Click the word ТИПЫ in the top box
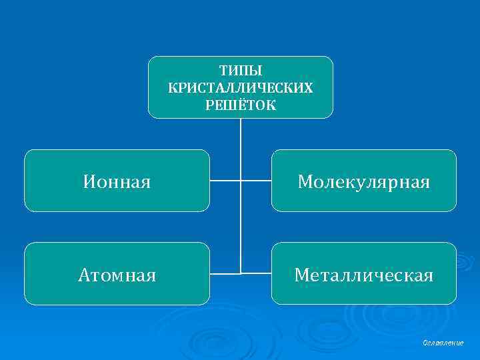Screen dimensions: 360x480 point(240,70)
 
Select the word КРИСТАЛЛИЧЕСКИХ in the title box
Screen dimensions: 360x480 point(240,87)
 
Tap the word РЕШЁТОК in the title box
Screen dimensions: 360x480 point(240,105)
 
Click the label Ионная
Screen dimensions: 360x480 point(117,181)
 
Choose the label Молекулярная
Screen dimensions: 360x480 point(363,181)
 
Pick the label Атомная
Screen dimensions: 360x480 point(117,274)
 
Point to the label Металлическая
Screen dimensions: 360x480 point(363,274)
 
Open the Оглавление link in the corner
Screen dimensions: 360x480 point(443,342)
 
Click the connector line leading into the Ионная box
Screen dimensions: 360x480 point(225,181)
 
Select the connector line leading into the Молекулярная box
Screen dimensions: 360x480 point(256,181)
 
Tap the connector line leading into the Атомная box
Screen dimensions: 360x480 point(225,273)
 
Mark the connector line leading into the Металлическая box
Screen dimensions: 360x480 point(256,273)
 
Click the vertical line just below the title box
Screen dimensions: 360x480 point(241,133)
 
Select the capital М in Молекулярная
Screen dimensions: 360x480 point(306,181)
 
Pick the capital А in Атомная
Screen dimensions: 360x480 point(83,274)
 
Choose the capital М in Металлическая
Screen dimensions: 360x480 point(302,274)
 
